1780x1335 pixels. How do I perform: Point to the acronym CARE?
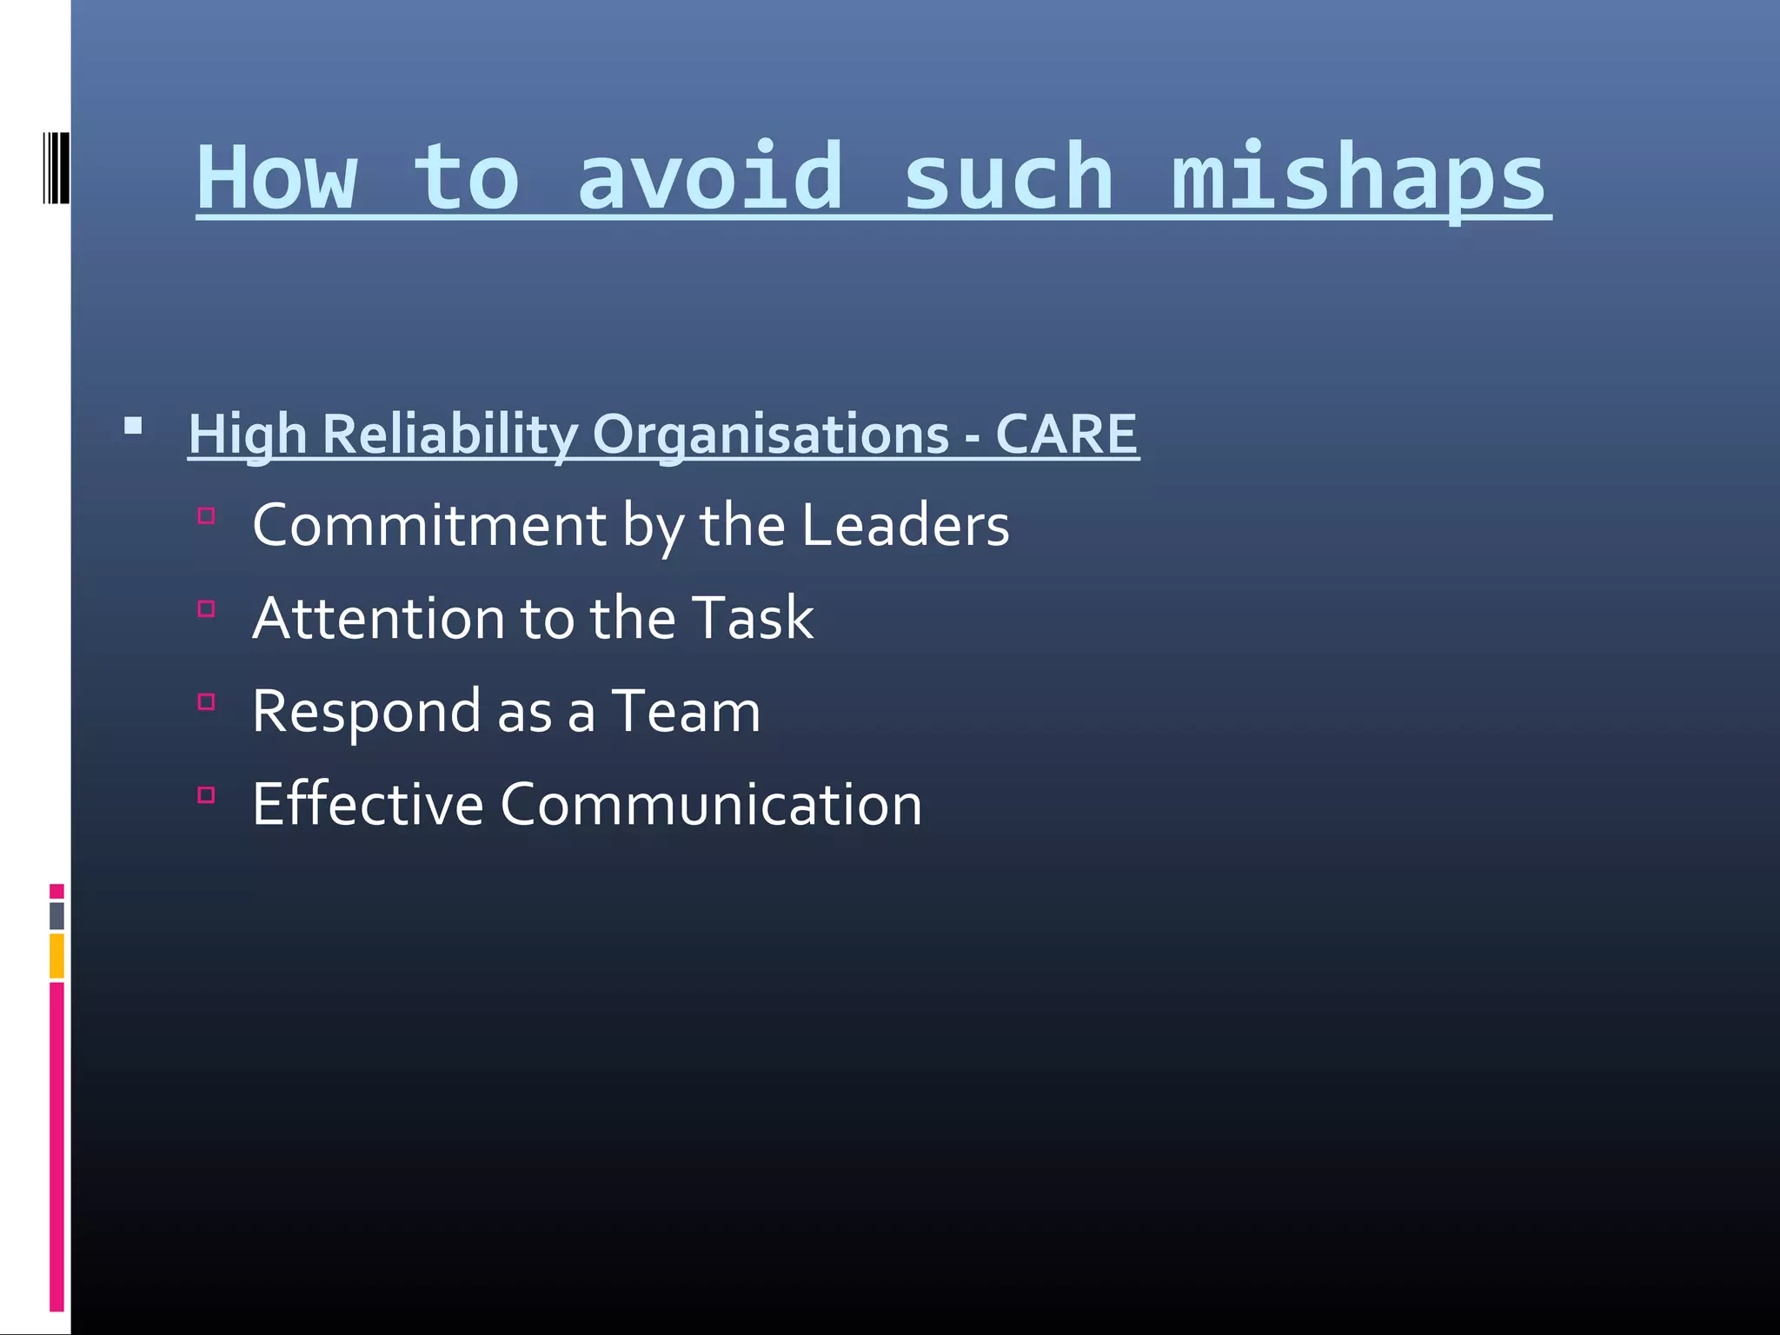1066,434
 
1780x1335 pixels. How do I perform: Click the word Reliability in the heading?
450,434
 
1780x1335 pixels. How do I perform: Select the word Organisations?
770,434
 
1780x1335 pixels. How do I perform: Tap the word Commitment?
429,525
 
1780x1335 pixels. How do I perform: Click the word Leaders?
905,525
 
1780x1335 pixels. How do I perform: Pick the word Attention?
378,618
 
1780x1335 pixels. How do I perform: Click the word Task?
754,618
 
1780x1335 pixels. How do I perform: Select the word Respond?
366,712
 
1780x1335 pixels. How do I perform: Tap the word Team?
686,712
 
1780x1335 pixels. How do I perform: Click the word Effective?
368,804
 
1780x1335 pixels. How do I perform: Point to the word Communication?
710,804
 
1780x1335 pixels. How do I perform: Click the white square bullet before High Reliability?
133,426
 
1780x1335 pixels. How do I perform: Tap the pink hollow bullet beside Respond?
206,702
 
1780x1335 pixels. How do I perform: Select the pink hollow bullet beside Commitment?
206,516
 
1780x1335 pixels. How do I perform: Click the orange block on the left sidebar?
56,955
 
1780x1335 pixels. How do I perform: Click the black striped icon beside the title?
56,168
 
